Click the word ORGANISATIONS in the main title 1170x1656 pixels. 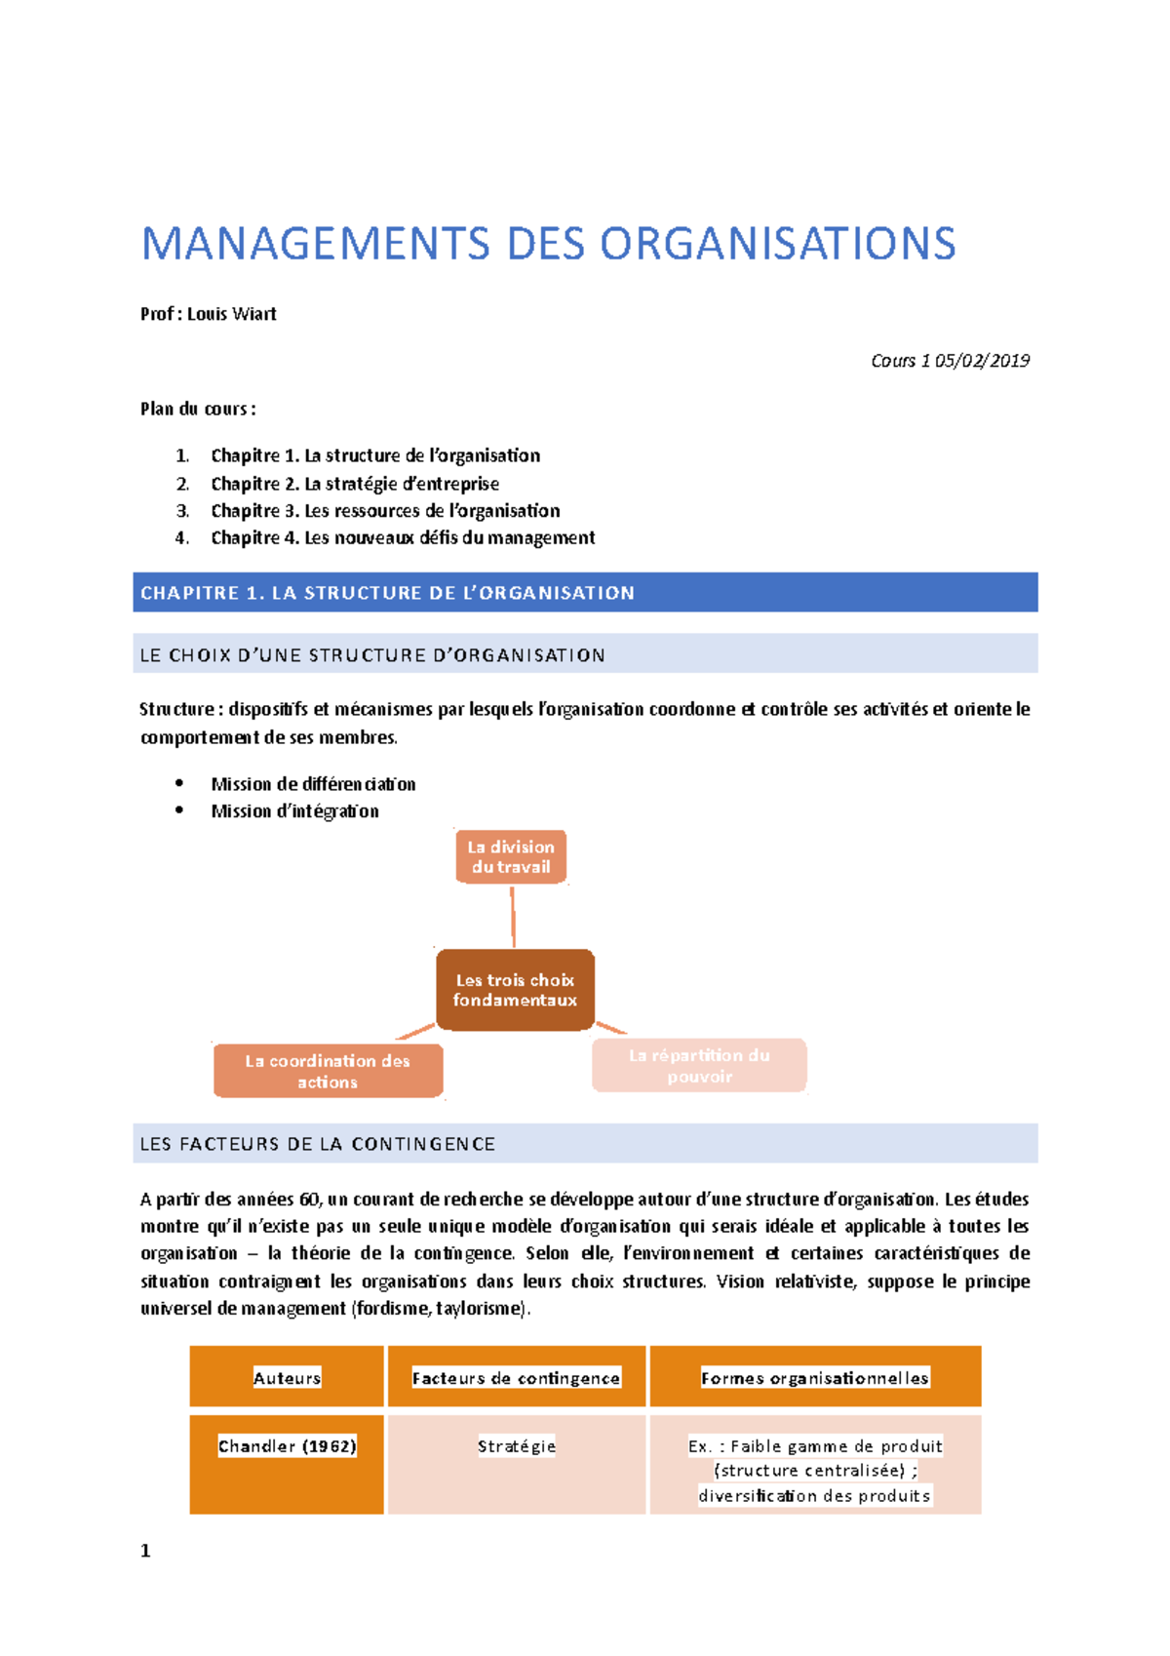(777, 244)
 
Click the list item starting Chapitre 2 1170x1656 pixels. (355, 484)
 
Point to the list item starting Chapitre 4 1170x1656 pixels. (403, 538)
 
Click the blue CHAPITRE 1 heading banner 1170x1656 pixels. (585, 593)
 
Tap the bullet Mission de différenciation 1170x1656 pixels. (313, 784)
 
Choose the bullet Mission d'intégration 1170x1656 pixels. (294, 811)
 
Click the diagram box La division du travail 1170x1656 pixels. (511, 857)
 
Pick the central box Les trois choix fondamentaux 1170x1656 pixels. (515, 990)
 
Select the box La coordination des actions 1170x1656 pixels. (328, 1071)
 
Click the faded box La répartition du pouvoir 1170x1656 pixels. (699, 1065)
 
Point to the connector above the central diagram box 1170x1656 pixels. (513, 917)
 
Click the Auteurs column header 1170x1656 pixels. (287, 1377)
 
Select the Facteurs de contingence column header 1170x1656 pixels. (516, 1377)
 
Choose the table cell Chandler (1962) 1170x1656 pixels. (287, 1446)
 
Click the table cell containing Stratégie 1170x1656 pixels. (516, 1446)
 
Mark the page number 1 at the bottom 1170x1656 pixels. (145, 1551)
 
